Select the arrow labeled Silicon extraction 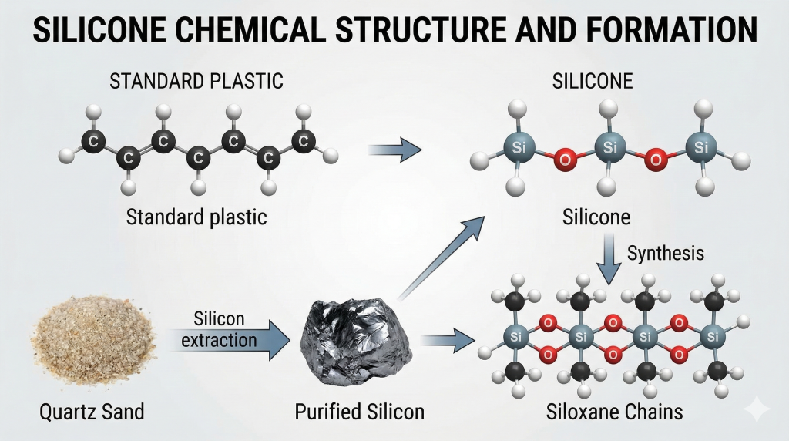pyautogui.click(x=231, y=341)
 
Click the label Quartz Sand pyautogui.click(x=92, y=412)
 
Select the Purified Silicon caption pyautogui.click(x=359, y=412)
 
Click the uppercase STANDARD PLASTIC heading pyautogui.click(x=196, y=81)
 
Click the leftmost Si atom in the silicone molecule pyautogui.click(x=516, y=146)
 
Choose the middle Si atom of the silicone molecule pyautogui.click(x=609, y=146)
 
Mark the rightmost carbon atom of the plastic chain pyautogui.click(x=304, y=141)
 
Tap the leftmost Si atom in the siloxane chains pyautogui.click(x=514, y=337)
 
